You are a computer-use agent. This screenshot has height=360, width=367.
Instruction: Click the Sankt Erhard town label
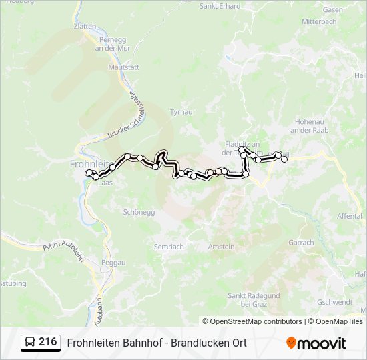[x=220, y=6]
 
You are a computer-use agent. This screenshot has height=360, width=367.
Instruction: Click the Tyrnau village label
[x=181, y=112]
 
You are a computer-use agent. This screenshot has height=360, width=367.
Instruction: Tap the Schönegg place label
[x=139, y=212]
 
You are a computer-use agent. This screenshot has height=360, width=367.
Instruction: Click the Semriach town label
[x=169, y=247]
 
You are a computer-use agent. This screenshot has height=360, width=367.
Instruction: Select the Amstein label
[x=222, y=247]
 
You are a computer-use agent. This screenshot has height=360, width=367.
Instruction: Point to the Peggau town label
[x=113, y=263]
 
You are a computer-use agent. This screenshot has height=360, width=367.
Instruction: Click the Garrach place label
[x=302, y=243]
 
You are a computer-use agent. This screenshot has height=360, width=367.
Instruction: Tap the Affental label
[x=350, y=217]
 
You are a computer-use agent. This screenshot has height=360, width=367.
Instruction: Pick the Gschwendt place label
[x=336, y=301]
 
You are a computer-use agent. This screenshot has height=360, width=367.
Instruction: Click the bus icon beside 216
[x=29, y=343]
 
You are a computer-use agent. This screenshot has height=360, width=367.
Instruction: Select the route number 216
[x=47, y=342]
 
